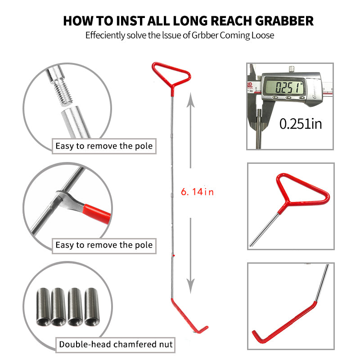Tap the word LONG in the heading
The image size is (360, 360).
[x=187, y=21]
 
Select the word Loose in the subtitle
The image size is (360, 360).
[x=262, y=35]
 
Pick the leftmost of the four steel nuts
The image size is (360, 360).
[x=44, y=306]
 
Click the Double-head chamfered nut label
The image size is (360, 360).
[x=116, y=345]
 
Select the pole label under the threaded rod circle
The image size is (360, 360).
[x=104, y=146]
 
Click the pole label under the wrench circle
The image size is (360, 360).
[x=104, y=245]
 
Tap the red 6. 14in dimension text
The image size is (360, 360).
[x=197, y=192]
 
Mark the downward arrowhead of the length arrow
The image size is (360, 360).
[x=191, y=285]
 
